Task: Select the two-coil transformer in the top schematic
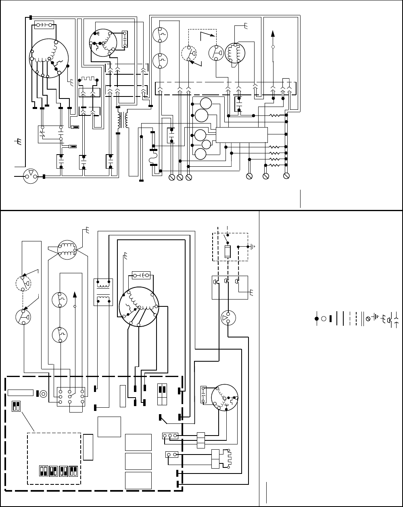[x=122, y=120]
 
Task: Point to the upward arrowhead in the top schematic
[x=273, y=34]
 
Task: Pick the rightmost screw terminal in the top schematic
[x=286, y=176]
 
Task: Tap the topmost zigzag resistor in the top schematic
[x=275, y=115]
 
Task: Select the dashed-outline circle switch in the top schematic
[x=187, y=53]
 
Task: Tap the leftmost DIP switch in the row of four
[x=43, y=471]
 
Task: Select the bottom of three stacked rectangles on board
[x=138, y=480]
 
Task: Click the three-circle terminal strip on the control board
[x=170, y=436]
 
